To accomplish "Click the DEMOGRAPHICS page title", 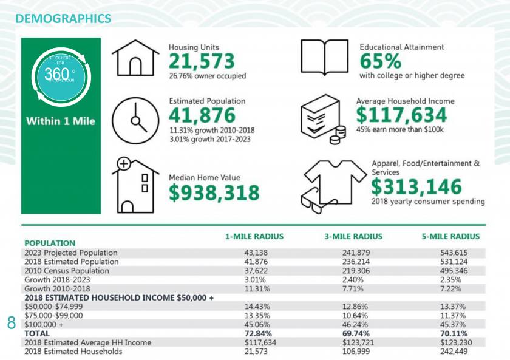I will (x=63, y=19).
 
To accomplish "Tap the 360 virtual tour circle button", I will (x=61, y=77).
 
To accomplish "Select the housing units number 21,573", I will (x=202, y=61).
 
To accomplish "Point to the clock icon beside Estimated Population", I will (x=135, y=116).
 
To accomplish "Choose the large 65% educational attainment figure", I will (x=381, y=61).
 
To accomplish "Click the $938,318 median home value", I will (x=214, y=192).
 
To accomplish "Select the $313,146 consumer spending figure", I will (x=416, y=186).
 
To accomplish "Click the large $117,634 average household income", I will (x=401, y=115).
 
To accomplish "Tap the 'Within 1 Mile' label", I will (x=61, y=121).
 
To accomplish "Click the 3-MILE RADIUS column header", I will (x=353, y=237).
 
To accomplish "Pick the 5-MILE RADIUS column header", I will (x=450, y=237).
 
